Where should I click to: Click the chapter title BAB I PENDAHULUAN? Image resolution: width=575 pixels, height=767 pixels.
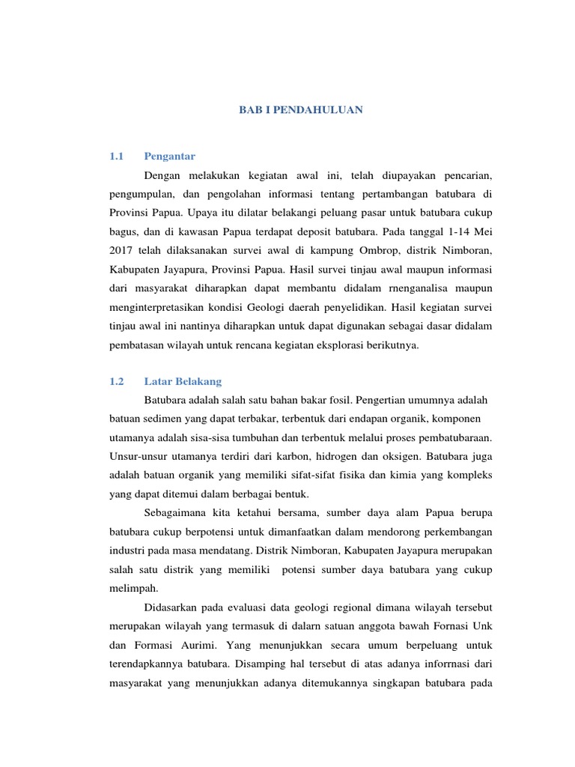[x=300, y=109]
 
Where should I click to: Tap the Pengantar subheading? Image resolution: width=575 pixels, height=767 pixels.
[x=170, y=156]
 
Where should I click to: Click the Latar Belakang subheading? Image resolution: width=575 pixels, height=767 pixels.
[x=183, y=381]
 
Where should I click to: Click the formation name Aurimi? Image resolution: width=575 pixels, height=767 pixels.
[x=199, y=644]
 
